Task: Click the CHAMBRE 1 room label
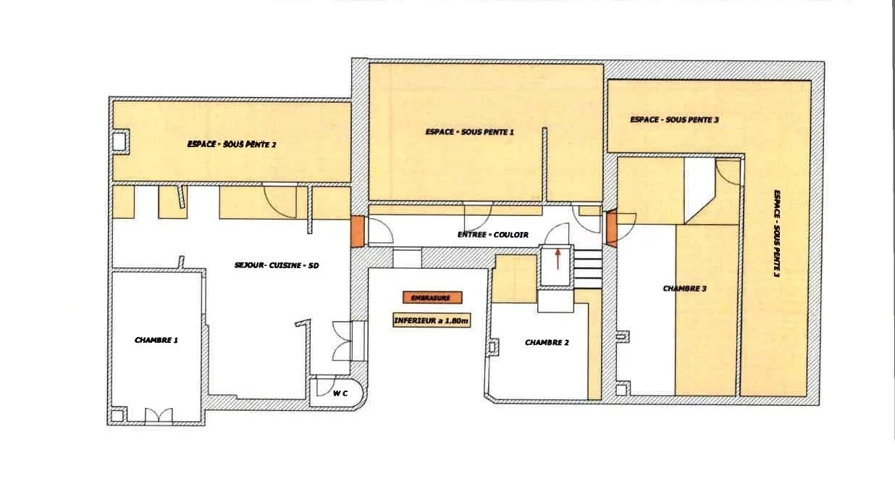pyautogui.click(x=156, y=340)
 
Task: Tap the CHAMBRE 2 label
pyautogui.click(x=547, y=343)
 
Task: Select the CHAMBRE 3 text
pyautogui.click(x=684, y=288)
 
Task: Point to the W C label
pyautogui.click(x=340, y=394)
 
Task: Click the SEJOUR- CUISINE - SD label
pyautogui.click(x=277, y=265)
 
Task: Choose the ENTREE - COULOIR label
pyautogui.click(x=492, y=235)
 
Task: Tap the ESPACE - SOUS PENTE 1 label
pyautogui.click(x=469, y=132)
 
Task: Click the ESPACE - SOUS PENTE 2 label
pyautogui.click(x=231, y=144)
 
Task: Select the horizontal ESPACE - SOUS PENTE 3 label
pyautogui.click(x=674, y=120)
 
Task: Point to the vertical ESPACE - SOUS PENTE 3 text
pyautogui.click(x=777, y=233)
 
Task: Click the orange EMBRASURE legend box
pyautogui.click(x=432, y=297)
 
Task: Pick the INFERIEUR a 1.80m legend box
pyautogui.click(x=432, y=320)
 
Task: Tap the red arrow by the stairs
pyautogui.click(x=558, y=259)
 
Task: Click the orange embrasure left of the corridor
pyautogui.click(x=358, y=231)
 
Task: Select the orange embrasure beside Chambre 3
pyautogui.click(x=612, y=228)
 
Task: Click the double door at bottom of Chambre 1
pyautogui.click(x=159, y=415)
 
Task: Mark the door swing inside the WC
pyautogui.click(x=324, y=386)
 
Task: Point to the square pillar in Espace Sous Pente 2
pyautogui.click(x=119, y=141)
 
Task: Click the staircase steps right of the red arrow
pyautogui.click(x=588, y=268)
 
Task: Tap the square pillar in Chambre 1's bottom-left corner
pyautogui.click(x=117, y=415)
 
